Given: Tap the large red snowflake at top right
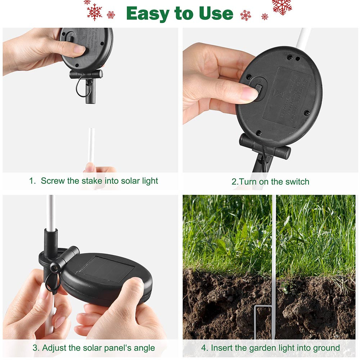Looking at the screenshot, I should coord(282,6).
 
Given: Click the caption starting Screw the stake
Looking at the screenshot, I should coord(94,181).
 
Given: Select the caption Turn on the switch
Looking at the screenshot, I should coord(270,182).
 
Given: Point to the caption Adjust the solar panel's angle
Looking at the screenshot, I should coord(94,348).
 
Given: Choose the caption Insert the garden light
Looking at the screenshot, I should coord(270,348).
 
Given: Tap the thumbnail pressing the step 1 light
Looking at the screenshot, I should coord(79,50).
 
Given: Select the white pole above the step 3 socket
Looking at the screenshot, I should coord(51,212).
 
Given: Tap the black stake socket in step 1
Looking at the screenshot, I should coord(89,92).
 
